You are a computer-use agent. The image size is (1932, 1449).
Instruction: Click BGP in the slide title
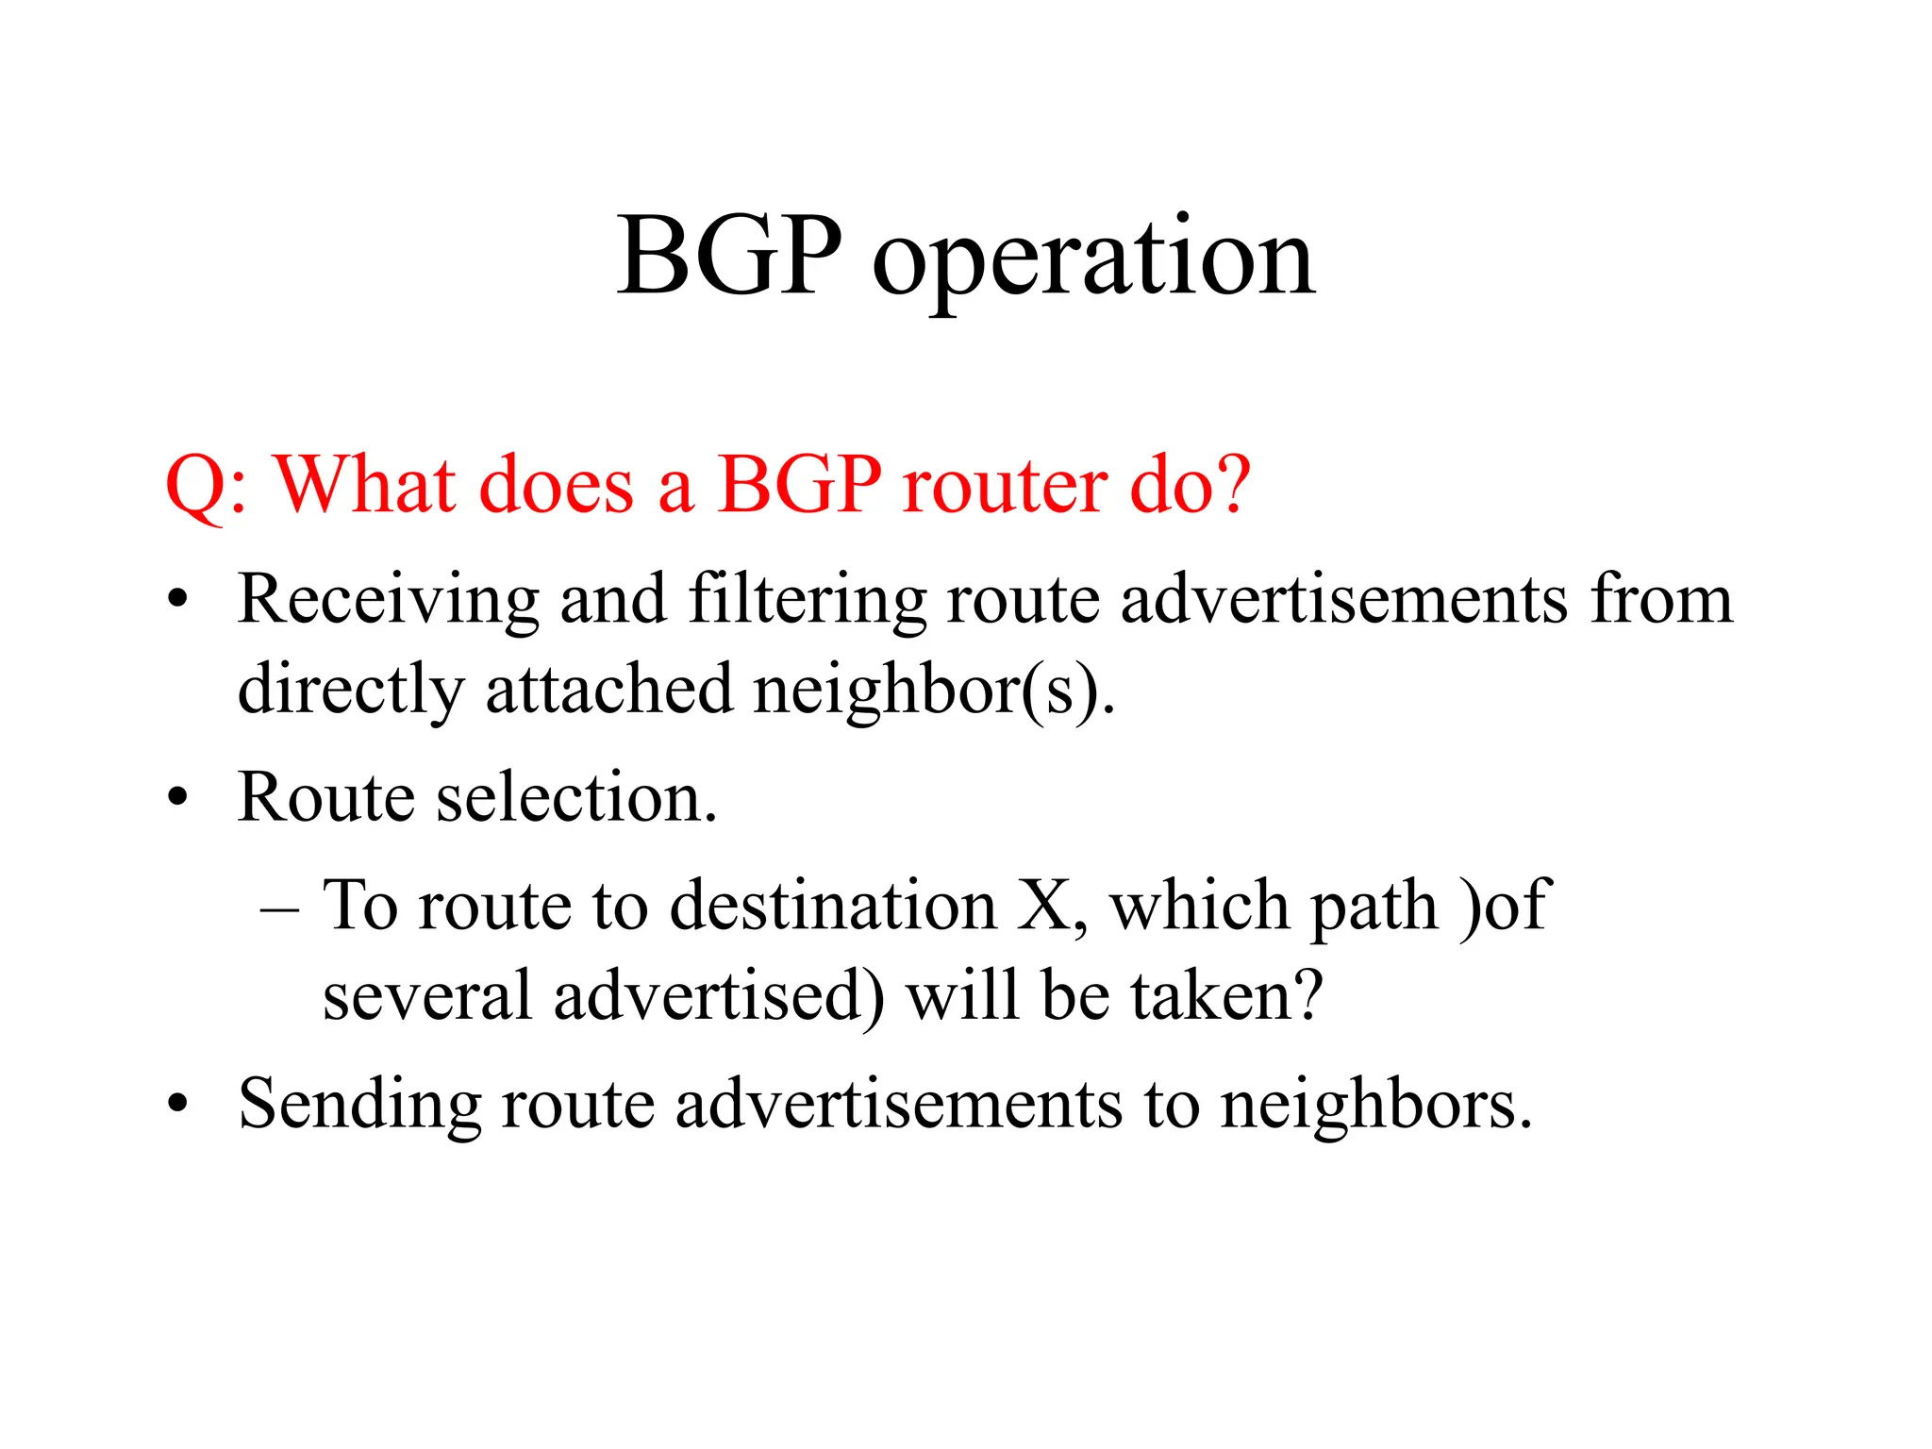(x=728, y=257)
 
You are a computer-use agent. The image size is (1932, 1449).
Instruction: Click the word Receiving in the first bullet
(x=388, y=600)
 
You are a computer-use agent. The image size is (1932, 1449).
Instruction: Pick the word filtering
(x=808, y=600)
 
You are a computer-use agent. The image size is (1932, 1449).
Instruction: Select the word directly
(x=350, y=691)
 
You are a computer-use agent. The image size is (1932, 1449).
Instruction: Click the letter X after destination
(x=1045, y=906)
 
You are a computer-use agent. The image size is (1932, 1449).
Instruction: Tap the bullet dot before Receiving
(x=177, y=602)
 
